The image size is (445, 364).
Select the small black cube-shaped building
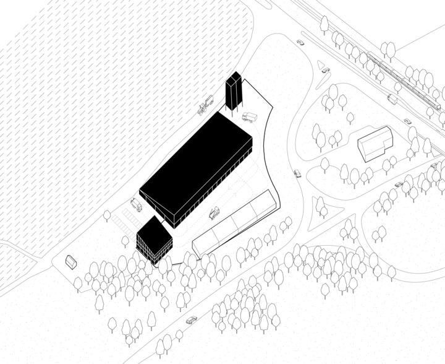[x=153, y=239]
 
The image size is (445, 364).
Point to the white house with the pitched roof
[x=376, y=144]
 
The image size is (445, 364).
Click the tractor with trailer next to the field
[x=205, y=106]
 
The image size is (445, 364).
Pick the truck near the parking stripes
[x=136, y=204]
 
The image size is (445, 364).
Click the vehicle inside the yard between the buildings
[x=214, y=213]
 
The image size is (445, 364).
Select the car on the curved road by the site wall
[x=297, y=174]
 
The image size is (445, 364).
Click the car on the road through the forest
[x=192, y=320]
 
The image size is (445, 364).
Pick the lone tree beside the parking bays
[x=107, y=215]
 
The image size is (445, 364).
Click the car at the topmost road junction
[x=300, y=43]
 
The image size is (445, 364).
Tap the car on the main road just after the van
[x=409, y=121]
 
